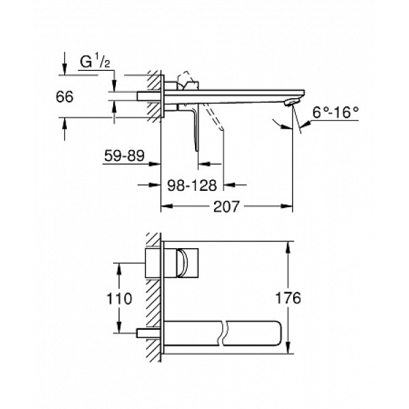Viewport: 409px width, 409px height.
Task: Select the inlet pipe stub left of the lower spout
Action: point(145,333)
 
